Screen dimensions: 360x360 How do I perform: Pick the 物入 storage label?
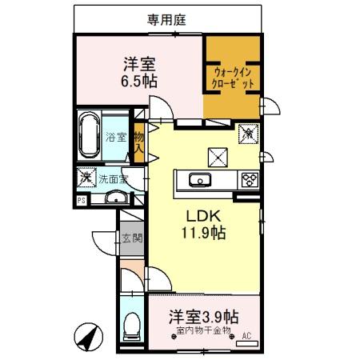139,142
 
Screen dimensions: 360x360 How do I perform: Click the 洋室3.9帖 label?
203,316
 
